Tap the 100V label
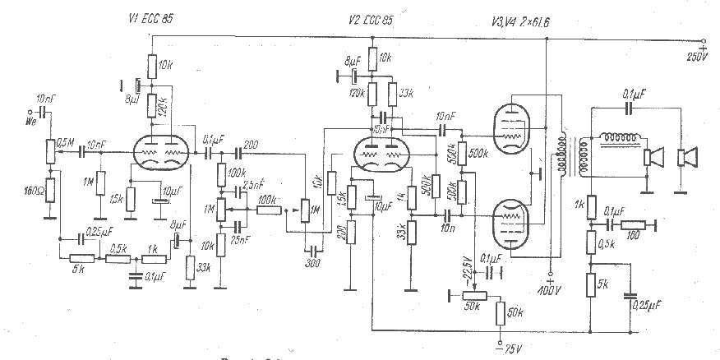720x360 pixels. [x=547, y=290]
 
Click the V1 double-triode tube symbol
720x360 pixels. [x=161, y=153]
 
